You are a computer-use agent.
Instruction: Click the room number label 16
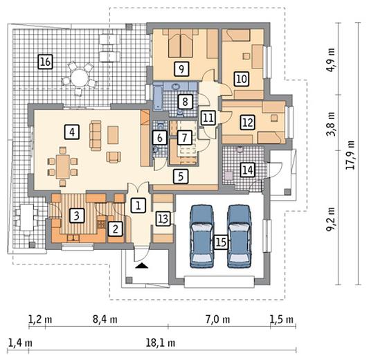(x=45, y=62)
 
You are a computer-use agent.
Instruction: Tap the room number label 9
(x=181, y=69)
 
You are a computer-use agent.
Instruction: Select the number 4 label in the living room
(x=72, y=132)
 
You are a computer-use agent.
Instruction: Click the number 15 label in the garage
(x=221, y=242)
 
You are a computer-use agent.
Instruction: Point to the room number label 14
(x=248, y=170)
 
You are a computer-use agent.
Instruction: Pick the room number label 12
(x=248, y=123)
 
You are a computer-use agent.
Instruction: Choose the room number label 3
(x=77, y=215)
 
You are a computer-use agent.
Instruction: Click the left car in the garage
(x=202, y=236)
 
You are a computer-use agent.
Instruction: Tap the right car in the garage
(x=239, y=236)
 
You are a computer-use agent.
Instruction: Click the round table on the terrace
(x=80, y=78)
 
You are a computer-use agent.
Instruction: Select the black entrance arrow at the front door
(x=142, y=266)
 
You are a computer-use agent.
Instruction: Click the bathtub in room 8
(x=158, y=98)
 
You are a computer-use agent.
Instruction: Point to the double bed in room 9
(x=181, y=43)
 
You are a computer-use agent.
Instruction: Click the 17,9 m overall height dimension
(x=350, y=155)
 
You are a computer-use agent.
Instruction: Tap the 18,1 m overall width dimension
(x=161, y=343)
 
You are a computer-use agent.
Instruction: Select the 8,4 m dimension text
(x=105, y=320)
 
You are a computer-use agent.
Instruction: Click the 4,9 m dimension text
(x=331, y=60)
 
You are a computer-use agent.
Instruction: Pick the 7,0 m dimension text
(x=218, y=320)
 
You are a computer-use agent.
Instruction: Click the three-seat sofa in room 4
(x=96, y=136)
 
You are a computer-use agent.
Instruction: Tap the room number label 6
(x=160, y=138)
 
